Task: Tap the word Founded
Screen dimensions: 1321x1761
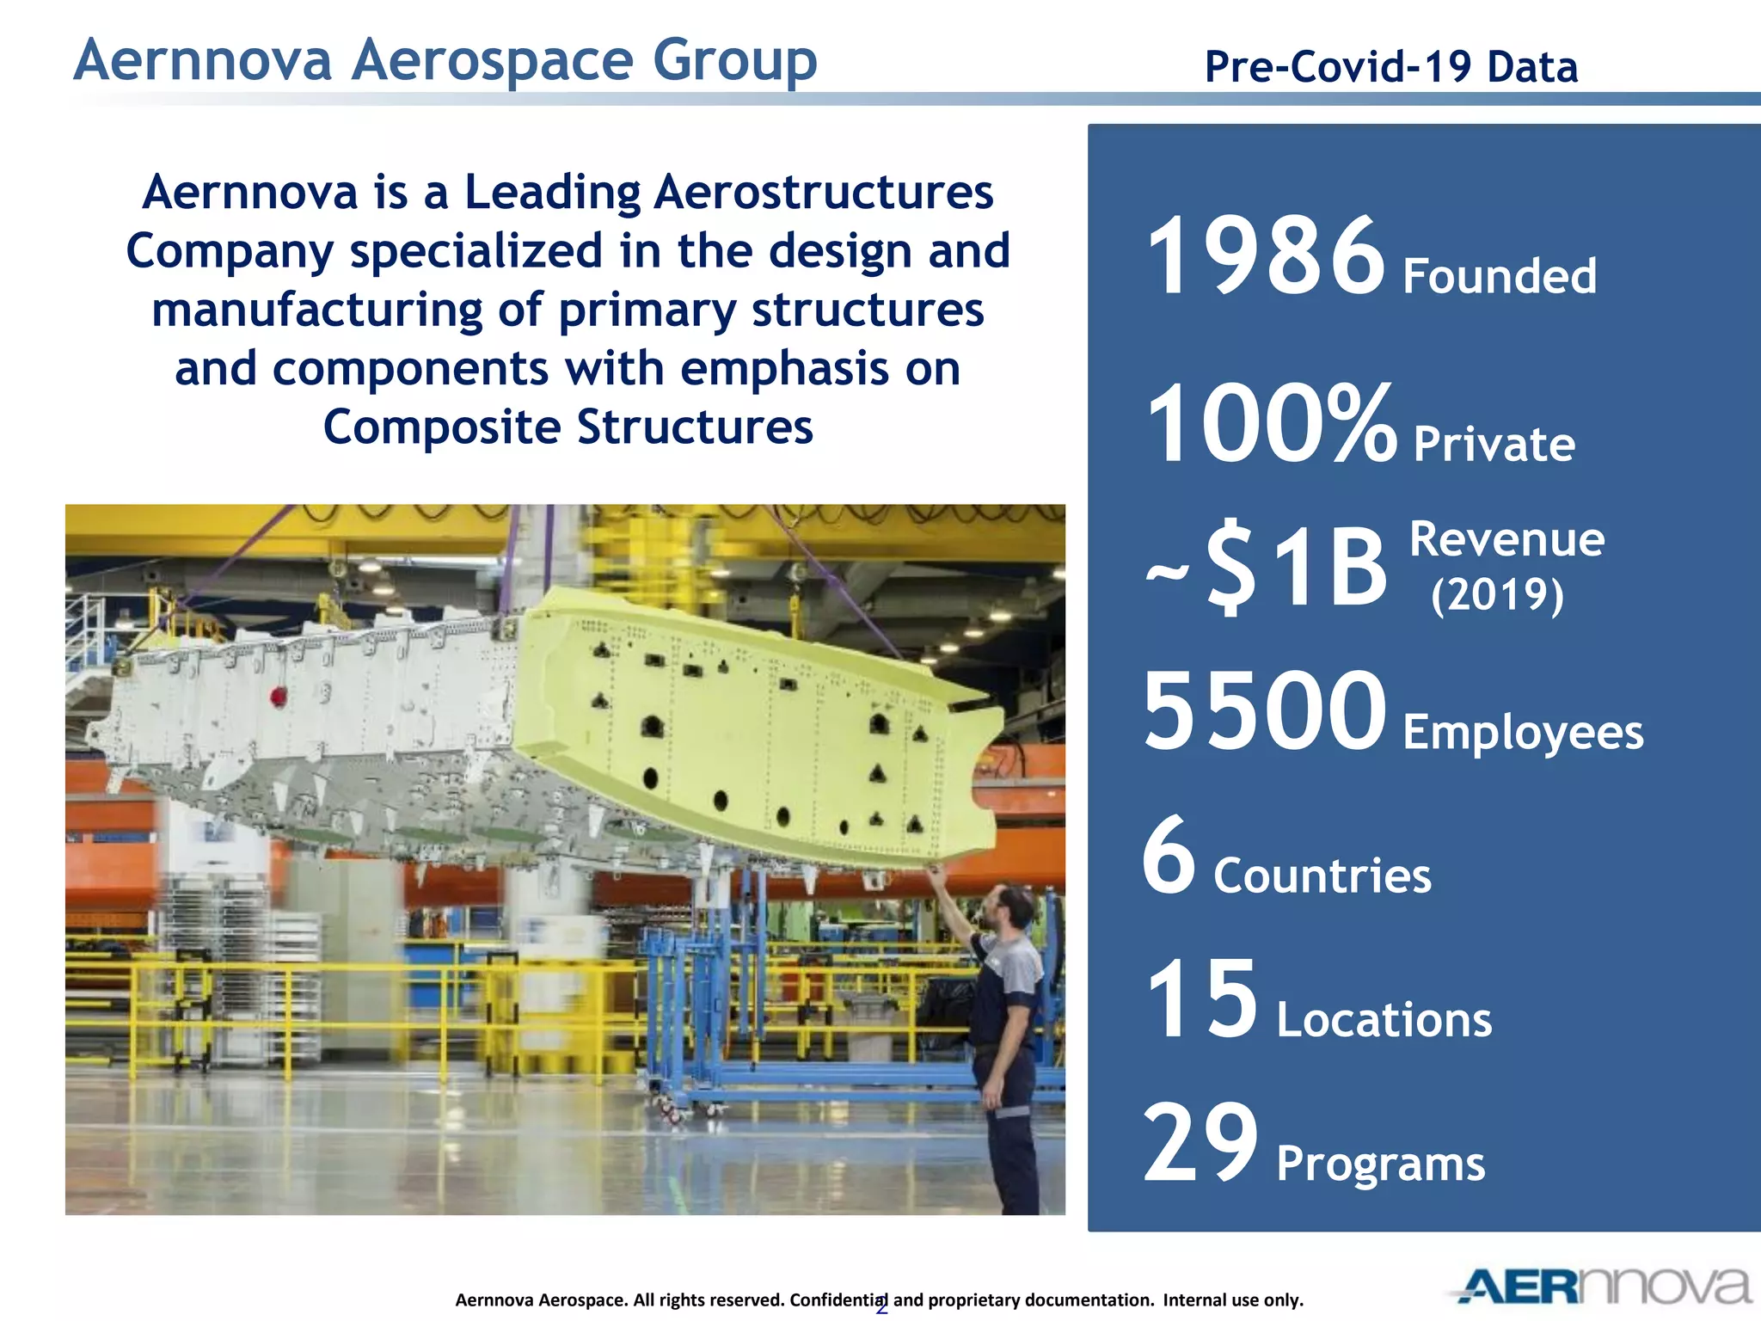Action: [x=1500, y=277]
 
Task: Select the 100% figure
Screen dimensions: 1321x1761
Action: [x=1271, y=424]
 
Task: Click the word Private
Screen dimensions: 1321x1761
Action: [x=1494, y=445]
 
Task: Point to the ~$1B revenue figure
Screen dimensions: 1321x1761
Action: [x=1267, y=568]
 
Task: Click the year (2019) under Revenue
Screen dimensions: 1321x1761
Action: [x=1497, y=595]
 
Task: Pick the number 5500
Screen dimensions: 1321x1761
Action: [x=1264, y=711]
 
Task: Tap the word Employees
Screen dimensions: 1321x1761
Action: [x=1523, y=733]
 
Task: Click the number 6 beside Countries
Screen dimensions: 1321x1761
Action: [x=1169, y=856]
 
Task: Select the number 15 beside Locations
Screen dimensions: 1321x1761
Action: [x=1201, y=999]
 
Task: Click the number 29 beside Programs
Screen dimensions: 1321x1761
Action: [x=1200, y=1143]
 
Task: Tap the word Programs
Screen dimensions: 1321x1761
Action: [x=1380, y=1164]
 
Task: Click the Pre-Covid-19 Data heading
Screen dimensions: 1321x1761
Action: [x=1390, y=67]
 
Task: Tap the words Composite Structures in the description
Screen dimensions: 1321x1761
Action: [x=568, y=427]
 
